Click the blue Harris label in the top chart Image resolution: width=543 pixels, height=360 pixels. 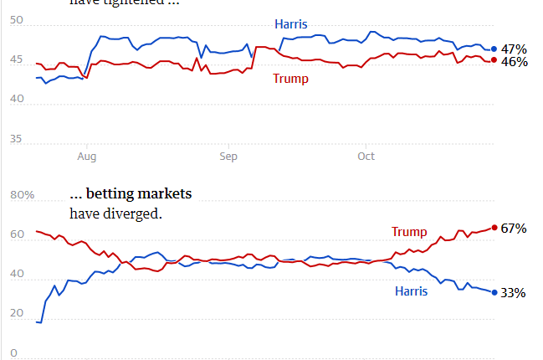[291, 24]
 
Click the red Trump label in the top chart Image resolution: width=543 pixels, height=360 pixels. [290, 79]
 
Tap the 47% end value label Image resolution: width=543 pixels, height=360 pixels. [514, 49]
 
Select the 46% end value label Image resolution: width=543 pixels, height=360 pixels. [514, 61]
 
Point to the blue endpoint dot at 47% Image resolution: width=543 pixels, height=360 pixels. [494, 49]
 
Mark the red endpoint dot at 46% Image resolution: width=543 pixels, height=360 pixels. [494, 60]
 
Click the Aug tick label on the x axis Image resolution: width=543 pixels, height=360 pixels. [87, 156]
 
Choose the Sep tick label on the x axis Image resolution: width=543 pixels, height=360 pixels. [228, 156]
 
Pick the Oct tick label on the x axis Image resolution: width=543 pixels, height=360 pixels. [366, 156]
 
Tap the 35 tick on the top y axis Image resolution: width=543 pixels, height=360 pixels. [18, 140]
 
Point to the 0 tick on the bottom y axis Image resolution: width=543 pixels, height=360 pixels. [13, 353]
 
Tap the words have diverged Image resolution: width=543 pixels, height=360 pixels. [115, 213]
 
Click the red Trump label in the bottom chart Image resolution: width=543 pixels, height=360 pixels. [408, 232]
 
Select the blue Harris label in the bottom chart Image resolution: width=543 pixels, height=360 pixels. [411, 291]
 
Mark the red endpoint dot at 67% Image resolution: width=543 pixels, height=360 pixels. [494, 228]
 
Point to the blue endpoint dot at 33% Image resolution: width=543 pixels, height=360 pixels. [494, 292]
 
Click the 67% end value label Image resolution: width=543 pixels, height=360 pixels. [514, 229]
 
